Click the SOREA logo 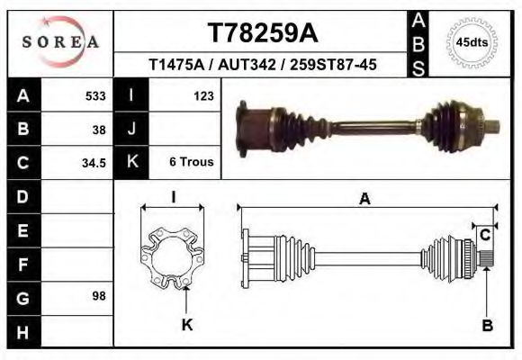click(60, 42)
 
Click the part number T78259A click(263, 33)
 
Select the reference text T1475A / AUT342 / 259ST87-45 click(263, 65)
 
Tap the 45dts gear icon click(472, 42)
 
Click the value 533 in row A click(94, 95)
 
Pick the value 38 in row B click(98, 129)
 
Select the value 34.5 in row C click(94, 163)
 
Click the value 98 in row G click(98, 295)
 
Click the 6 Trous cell click(191, 163)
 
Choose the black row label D click(22, 196)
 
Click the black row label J click(132, 129)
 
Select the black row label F click(22, 264)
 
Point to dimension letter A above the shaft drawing click(364, 200)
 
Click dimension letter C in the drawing click(484, 236)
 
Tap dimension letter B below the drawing click(487, 326)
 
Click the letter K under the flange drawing click(187, 325)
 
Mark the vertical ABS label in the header click(419, 42)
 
